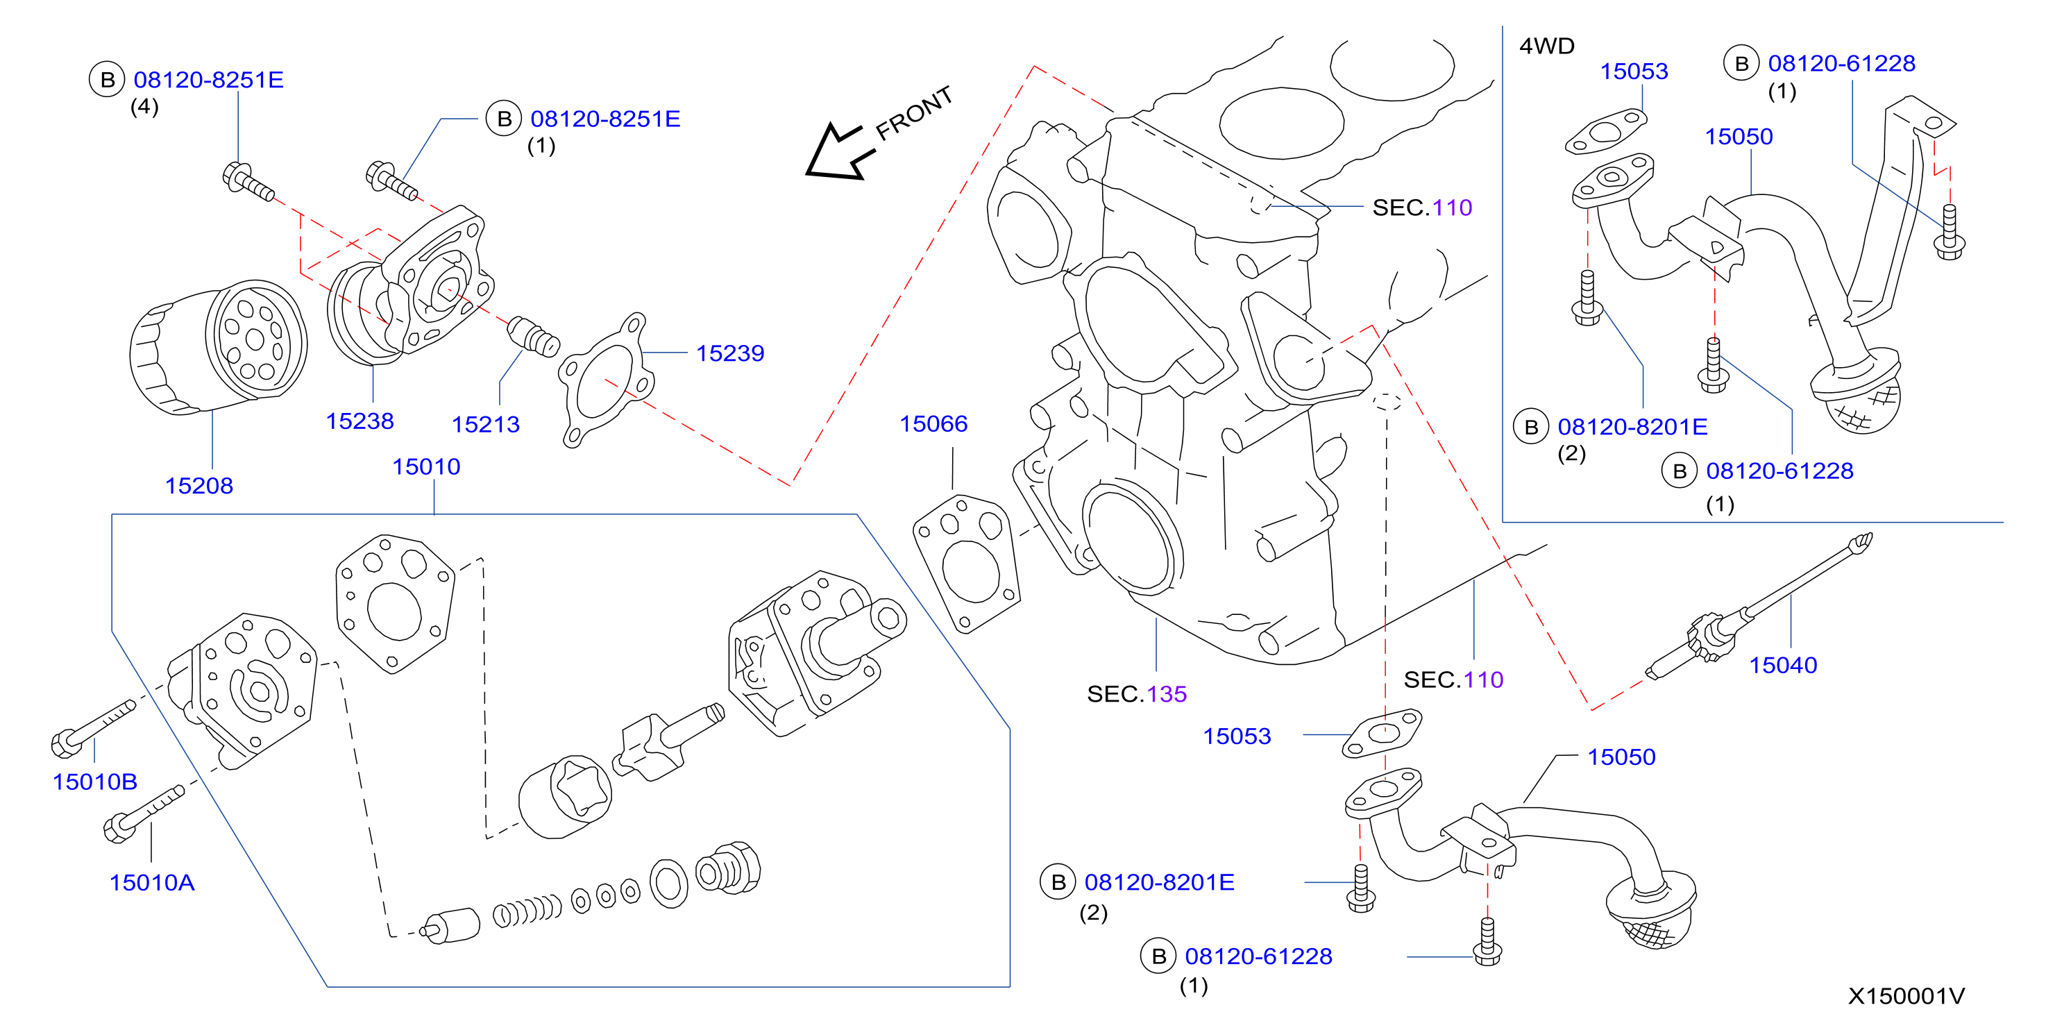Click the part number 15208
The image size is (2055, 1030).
coord(198,485)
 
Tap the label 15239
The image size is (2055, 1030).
coord(730,353)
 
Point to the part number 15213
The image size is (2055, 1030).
coord(486,425)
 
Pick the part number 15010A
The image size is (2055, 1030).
coord(151,882)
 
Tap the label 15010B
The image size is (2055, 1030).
coord(95,782)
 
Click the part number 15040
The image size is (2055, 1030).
coord(1783,665)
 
